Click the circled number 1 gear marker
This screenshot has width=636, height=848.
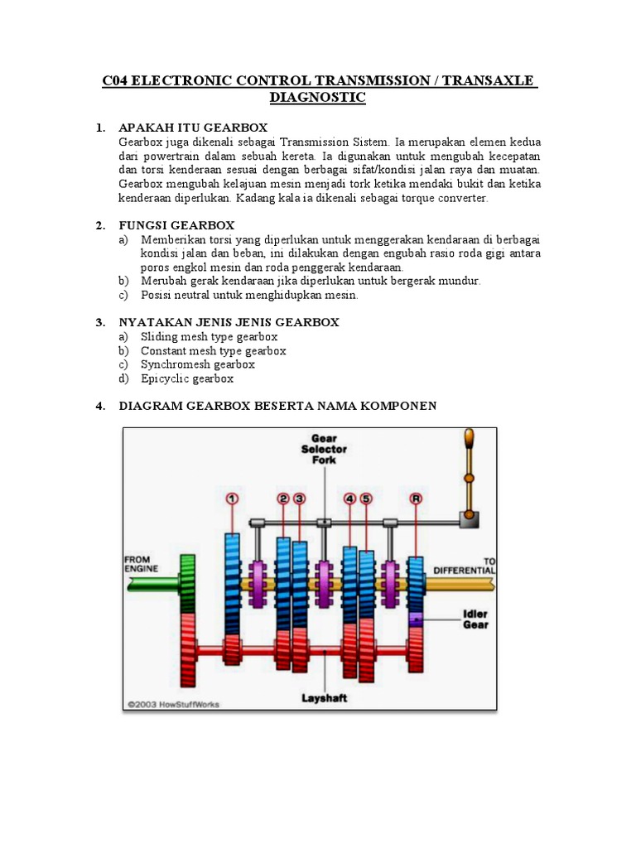(232, 499)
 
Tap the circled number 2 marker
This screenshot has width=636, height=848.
(283, 499)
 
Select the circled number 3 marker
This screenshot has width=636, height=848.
(299, 499)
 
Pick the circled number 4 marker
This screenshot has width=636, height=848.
(350, 499)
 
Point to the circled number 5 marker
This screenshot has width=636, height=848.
(366, 499)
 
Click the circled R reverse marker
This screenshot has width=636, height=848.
(417, 499)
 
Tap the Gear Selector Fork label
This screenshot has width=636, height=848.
(324, 448)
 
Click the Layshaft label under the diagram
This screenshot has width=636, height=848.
(324, 698)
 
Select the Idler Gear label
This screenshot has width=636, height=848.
(475, 619)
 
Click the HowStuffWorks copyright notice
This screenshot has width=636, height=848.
(174, 705)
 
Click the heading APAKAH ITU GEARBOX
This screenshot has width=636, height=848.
(193, 128)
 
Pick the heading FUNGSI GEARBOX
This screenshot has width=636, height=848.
(176, 225)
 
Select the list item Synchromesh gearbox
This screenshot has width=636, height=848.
(197, 364)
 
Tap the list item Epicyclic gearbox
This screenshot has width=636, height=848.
(187, 378)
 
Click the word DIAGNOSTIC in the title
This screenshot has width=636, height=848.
(317, 98)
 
